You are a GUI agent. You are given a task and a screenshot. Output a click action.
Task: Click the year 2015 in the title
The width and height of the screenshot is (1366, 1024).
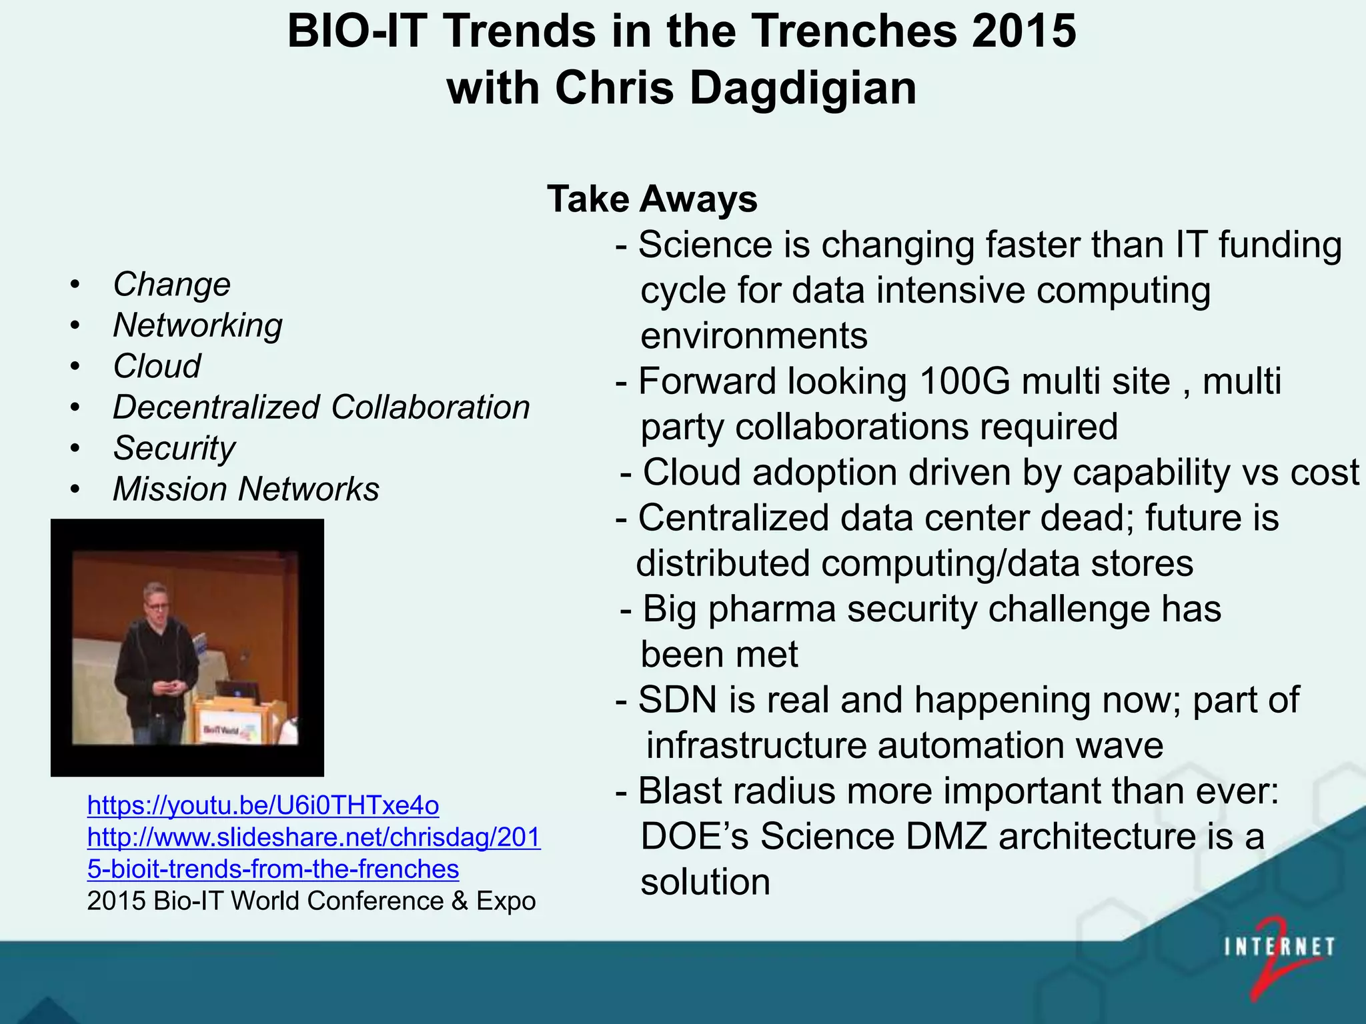[1023, 32]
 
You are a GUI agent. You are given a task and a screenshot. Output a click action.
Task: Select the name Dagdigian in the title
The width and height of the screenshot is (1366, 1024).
[803, 89]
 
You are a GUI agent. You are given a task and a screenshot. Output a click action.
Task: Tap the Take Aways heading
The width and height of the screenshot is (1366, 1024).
[652, 199]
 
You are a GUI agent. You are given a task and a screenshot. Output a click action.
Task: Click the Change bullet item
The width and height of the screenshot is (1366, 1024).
[171, 285]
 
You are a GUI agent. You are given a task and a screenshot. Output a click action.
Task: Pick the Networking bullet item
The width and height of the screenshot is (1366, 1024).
[197, 326]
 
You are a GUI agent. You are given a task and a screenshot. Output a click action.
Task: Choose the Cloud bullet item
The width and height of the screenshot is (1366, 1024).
[157, 367]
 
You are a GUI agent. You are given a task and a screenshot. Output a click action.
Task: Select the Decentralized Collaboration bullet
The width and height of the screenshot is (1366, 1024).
[321, 407]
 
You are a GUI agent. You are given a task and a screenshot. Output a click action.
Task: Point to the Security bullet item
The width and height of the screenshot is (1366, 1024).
[174, 448]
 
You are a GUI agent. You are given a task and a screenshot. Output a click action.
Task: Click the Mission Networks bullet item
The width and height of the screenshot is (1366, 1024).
[245, 489]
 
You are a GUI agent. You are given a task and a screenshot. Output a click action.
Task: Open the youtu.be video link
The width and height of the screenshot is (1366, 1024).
[263, 805]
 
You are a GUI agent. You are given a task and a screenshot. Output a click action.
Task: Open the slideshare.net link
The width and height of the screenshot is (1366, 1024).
[313, 837]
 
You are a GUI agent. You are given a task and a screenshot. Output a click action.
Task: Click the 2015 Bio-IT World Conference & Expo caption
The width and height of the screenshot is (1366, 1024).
[311, 901]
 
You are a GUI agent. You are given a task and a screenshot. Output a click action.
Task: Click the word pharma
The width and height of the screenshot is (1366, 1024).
[772, 609]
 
